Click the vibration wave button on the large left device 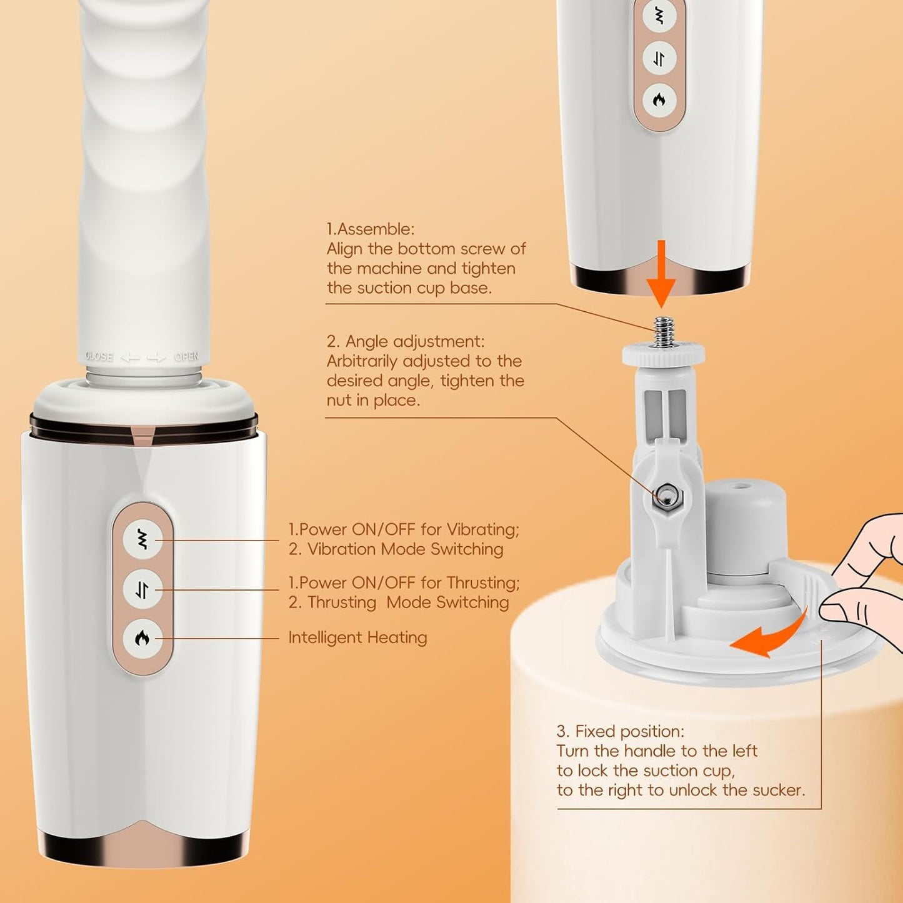point(142,539)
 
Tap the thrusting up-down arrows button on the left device point(142,589)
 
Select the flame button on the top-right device point(659,100)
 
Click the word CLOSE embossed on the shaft point(99,357)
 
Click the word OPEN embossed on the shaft point(186,357)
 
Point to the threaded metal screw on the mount point(662,331)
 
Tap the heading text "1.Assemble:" point(371,229)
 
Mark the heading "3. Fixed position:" point(620,731)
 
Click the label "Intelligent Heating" point(357,637)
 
